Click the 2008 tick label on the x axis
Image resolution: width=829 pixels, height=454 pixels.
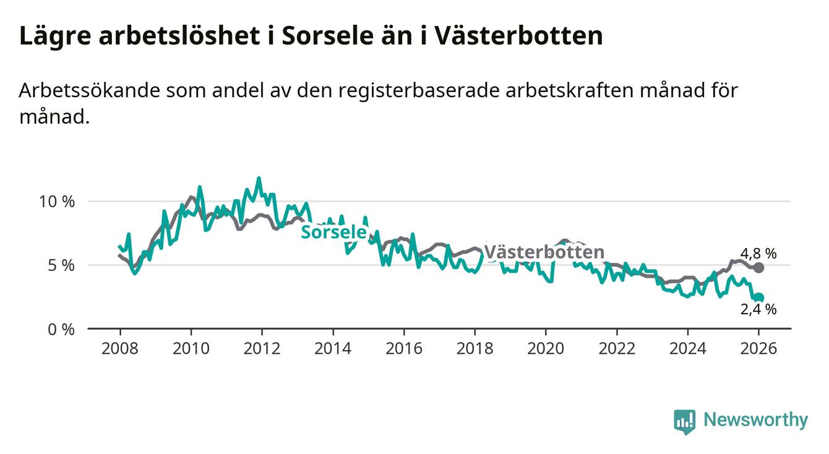click(119, 348)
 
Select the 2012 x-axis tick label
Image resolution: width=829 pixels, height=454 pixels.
click(262, 348)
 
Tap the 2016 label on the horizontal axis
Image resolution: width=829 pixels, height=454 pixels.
click(404, 348)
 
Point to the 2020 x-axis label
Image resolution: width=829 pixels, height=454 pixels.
click(546, 348)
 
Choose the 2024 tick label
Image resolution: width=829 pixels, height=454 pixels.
click(688, 348)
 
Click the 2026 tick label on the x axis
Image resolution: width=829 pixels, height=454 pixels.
click(758, 348)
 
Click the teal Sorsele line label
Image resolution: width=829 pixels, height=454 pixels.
click(333, 232)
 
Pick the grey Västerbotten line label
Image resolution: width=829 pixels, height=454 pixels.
click(544, 252)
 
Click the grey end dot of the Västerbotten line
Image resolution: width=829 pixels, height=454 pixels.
click(759, 268)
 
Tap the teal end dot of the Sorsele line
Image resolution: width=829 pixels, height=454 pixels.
click(759, 298)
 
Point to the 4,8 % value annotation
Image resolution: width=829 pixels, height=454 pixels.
click(758, 253)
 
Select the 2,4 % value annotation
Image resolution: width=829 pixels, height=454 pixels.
click(758, 310)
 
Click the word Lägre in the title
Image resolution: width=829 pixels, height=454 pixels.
click(54, 36)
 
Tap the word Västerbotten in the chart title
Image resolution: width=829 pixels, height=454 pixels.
click(518, 36)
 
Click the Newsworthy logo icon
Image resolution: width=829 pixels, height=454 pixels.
click(684, 421)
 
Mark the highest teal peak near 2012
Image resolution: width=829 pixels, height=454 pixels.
click(259, 178)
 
